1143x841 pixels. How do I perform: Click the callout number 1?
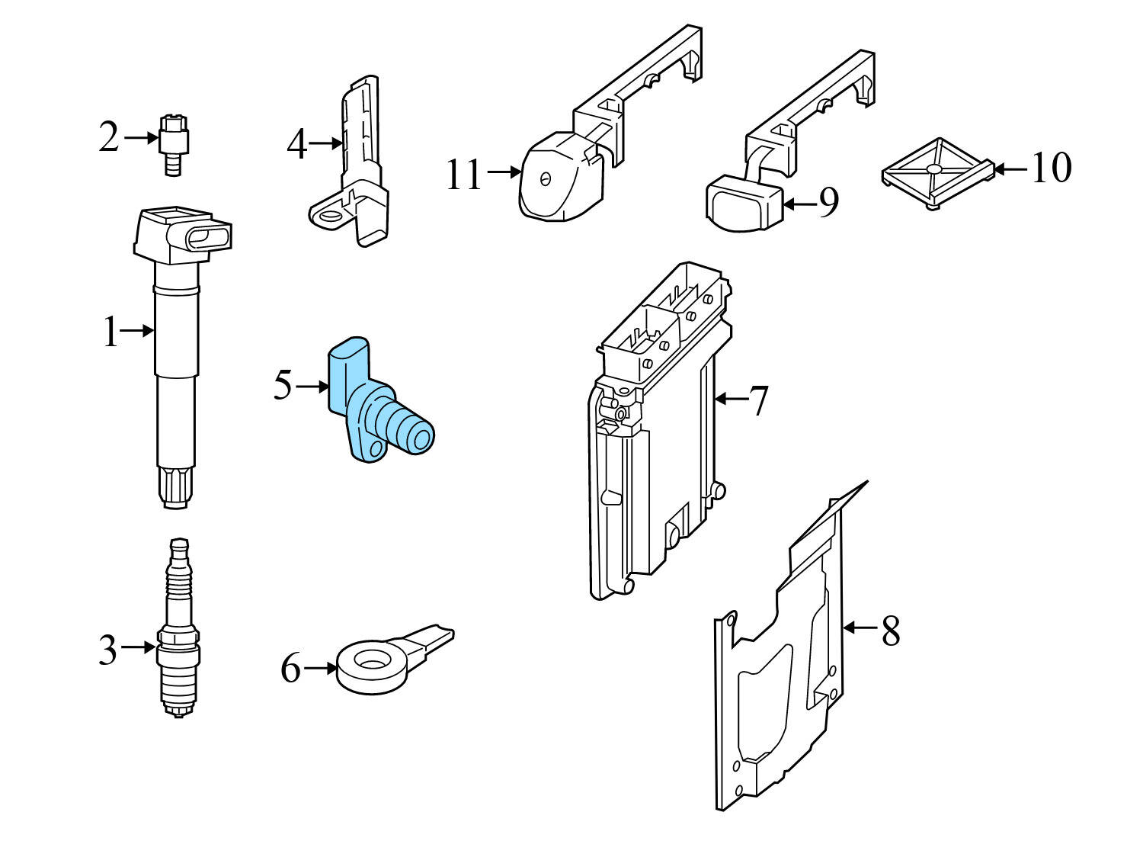[111, 333]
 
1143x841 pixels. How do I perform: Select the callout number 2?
[109, 138]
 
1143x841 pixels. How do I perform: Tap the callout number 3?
[108, 649]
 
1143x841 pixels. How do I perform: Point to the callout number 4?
[296, 144]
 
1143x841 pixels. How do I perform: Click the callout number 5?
[283, 385]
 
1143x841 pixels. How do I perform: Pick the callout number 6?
[291, 670]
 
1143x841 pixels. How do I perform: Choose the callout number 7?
[758, 401]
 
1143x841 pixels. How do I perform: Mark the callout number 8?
[890, 631]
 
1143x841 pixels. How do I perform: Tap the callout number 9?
[829, 204]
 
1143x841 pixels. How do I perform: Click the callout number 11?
[464, 175]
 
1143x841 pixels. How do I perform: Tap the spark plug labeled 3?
[178, 629]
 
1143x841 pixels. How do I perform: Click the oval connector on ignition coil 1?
[207, 237]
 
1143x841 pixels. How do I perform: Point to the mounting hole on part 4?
[331, 216]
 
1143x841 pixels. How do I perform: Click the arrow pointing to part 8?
[860, 628]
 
